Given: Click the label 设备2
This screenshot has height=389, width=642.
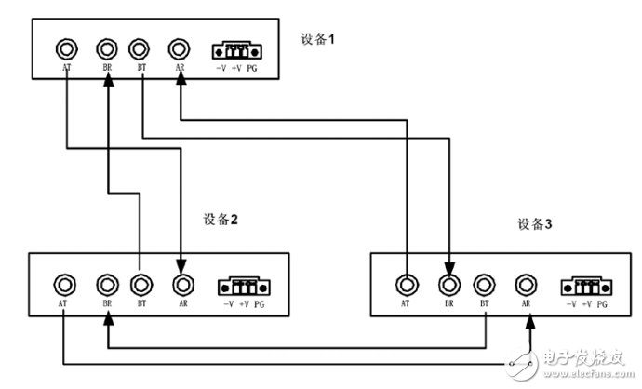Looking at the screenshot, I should pyautogui.click(x=221, y=221).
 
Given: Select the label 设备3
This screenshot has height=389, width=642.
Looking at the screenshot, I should pyautogui.click(x=534, y=223).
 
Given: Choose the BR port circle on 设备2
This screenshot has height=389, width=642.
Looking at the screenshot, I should pyautogui.click(x=108, y=284).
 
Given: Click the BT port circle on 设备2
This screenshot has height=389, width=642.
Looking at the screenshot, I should pyautogui.click(x=140, y=284).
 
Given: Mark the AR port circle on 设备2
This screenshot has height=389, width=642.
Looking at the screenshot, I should pyautogui.click(x=183, y=284).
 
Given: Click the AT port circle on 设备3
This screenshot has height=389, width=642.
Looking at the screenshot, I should pyautogui.click(x=406, y=284).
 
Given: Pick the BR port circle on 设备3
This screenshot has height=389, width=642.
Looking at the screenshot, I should pyautogui.click(x=449, y=284).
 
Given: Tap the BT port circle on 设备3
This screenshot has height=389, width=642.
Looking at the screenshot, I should pyautogui.click(x=484, y=284).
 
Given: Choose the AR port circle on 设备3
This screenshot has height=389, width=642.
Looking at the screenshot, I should pyautogui.click(x=527, y=284).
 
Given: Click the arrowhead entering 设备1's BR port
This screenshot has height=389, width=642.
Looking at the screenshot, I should pyautogui.click(x=108, y=82).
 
